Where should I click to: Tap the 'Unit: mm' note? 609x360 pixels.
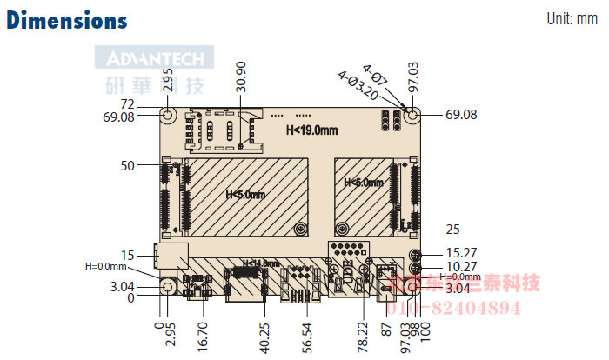tap(572, 18)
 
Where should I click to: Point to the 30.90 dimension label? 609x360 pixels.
tap(241, 77)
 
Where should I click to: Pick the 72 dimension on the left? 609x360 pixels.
tap(126, 103)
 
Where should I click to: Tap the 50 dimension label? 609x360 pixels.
tap(128, 164)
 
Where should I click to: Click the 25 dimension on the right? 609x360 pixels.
tap(452, 230)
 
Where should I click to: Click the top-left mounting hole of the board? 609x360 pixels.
tap(169, 114)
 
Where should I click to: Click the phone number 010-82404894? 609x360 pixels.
tap(458, 308)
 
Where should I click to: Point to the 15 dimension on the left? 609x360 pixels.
tap(128, 256)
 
